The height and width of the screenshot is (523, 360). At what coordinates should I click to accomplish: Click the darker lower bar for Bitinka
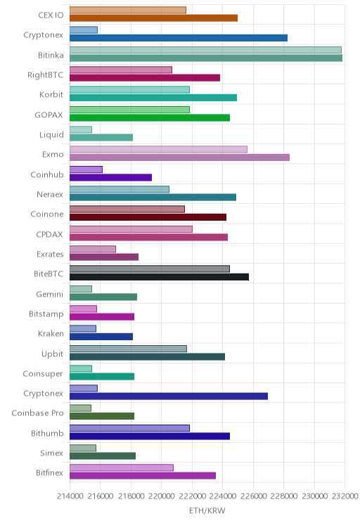click(206, 58)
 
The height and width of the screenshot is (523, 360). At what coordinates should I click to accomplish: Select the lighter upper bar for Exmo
click(158, 149)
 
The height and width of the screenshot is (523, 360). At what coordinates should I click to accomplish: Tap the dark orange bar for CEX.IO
click(153, 18)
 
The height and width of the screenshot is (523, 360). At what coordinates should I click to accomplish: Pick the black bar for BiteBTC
click(159, 277)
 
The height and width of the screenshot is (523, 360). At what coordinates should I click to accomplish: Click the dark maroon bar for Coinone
click(148, 217)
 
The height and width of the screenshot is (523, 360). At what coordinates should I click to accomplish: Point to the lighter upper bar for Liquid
click(81, 129)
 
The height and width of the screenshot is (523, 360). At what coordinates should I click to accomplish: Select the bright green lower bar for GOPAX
click(150, 117)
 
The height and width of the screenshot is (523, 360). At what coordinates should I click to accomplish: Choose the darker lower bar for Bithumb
click(150, 436)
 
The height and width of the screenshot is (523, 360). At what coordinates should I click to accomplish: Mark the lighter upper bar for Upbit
click(128, 349)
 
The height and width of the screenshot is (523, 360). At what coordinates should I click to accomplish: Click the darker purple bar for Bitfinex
click(143, 476)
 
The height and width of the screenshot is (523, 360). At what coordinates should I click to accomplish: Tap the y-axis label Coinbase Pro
click(37, 413)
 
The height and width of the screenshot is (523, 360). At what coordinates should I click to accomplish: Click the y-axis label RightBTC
click(45, 75)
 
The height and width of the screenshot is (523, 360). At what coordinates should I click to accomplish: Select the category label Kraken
click(51, 333)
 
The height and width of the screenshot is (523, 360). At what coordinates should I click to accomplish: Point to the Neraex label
click(50, 194)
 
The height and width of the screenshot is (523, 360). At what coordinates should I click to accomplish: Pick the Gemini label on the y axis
click(49, 294)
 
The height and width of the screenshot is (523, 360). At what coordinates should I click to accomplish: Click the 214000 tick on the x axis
click(70, 496)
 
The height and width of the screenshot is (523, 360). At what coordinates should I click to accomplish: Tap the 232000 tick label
click(345, 496)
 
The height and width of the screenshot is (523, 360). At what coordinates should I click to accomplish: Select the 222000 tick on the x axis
click(192, 496)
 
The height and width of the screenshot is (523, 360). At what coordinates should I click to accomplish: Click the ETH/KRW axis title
click(207, 510)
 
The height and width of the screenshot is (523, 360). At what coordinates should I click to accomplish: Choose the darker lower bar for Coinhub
click(111, 177)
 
